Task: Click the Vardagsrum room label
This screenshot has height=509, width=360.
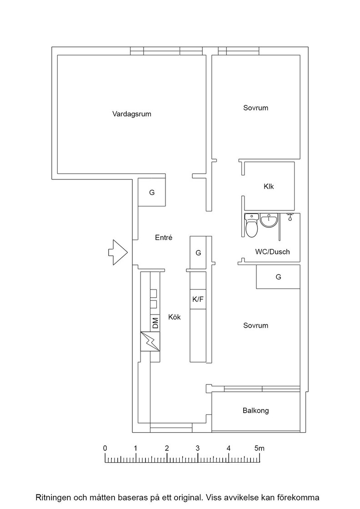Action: (x=132, y=114)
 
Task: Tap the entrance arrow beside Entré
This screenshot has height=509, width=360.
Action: (x=118, y=252)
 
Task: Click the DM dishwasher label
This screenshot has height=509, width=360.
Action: (x=155, y=323)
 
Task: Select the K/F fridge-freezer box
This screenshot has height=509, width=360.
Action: (x=198, y=299)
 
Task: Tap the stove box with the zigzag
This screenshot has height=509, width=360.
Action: (x=150, y=341)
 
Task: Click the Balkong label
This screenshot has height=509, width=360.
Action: (x=256, y=411)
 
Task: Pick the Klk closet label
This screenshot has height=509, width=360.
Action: (x=269, y=186)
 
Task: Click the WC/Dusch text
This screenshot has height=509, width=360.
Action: (x=272, y=252)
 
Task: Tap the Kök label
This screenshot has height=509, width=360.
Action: (x=175, y=317)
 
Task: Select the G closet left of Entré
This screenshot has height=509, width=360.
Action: (x=152, y=192)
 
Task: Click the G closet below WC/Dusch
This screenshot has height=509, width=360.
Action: (x=278, y=277)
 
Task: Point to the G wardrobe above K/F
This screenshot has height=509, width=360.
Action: (x=198, y=253)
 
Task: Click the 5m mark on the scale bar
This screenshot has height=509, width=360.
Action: (x=260, y=448)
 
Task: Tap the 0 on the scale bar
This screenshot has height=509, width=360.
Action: (x=105, y=448)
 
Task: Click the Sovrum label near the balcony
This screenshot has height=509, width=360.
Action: (x=256, y=325)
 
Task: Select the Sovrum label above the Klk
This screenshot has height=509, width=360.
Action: (x=256, y=108)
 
